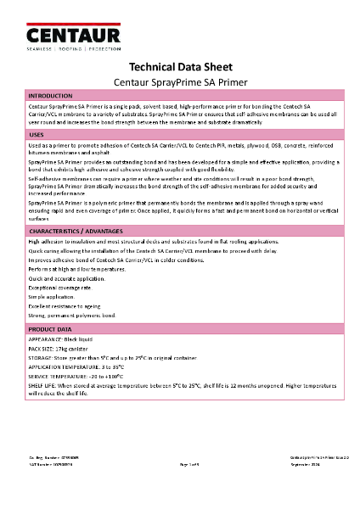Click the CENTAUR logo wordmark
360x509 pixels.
click(73, 36)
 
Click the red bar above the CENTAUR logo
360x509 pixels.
click(73, 16)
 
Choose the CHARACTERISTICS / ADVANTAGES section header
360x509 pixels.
click(78, 232)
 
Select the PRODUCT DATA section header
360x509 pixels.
click(50, 328)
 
